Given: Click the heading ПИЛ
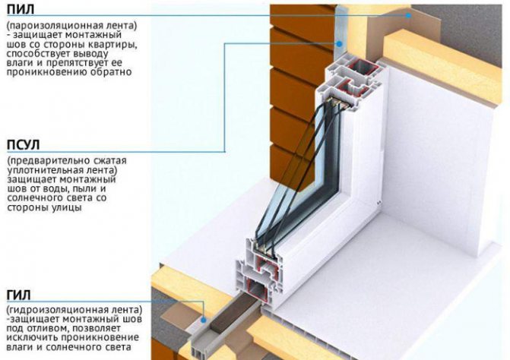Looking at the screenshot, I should click(20, 10).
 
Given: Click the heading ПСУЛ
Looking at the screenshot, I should click(24, 144).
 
